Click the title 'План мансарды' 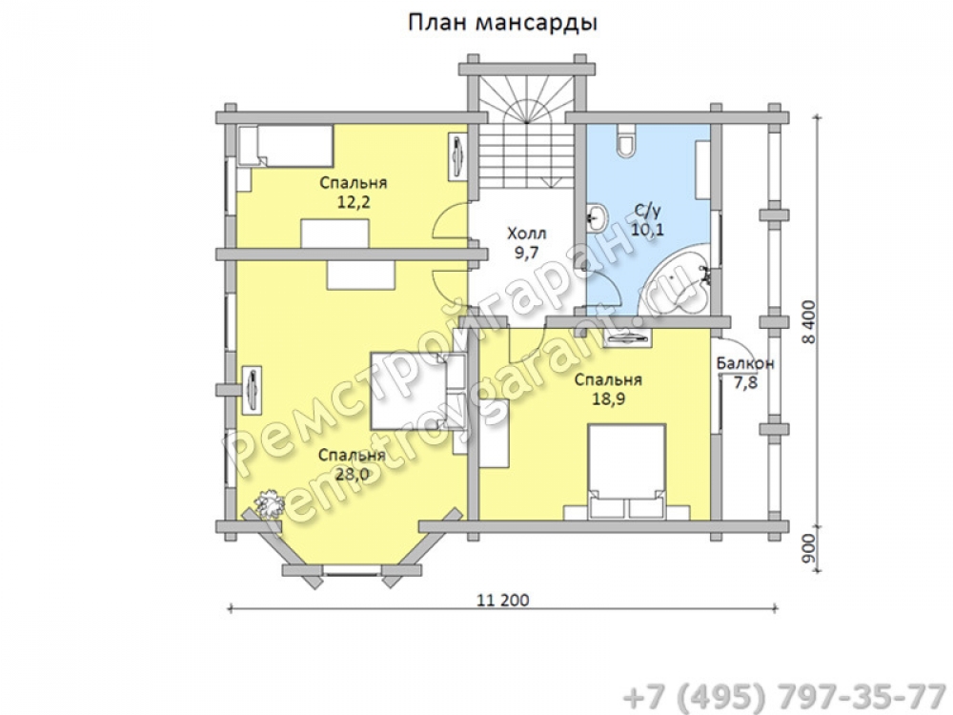coord(502,23)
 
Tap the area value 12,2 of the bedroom coord(354,202)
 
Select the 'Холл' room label coord(526,233)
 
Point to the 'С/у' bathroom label coord(647,211)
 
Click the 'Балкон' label coord(745,363)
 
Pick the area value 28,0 coord(352,474)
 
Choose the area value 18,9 coord(608,398)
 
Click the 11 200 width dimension coord(502,600)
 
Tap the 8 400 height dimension coord(809,322)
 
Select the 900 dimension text coord(809,549)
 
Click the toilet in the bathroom coord(625,141)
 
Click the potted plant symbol coord(270,503)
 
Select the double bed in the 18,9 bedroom coord(626,472)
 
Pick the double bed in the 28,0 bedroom coord(418,391)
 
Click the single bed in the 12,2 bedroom coord(286,146)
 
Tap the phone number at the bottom coord(785,696)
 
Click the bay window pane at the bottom coord(352,570)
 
